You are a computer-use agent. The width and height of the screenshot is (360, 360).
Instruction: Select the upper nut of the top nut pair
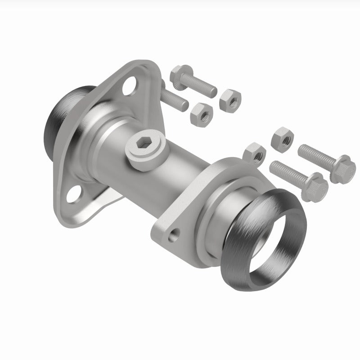(x=230, y=98)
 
